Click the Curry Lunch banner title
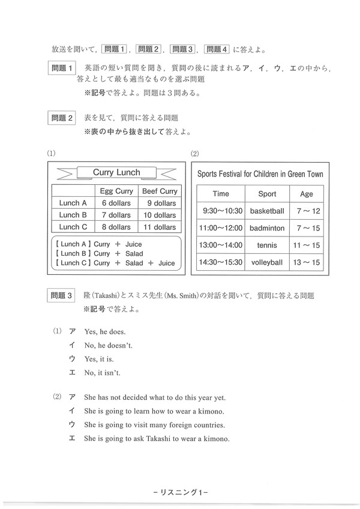click(x=116, y=172)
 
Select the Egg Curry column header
click(x=116, y=191)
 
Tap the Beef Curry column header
click(x=158, y=191)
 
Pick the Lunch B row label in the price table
click(x=73, y=215)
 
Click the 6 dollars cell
click(x=116, y=203)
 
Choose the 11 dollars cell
click(x=158, y=227)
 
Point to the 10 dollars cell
click(x=158, y=215)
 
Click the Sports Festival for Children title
click(x=260, y=173)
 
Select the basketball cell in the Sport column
click(x=267, y=211)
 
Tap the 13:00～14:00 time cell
click(x=221, y=245)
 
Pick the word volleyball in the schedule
click(x=267, y=262)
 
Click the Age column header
click(x=306, y=194)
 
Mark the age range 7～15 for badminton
click(x=306, y=228)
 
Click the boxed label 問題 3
click(x=62, y=296)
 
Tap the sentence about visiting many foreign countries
click(x=154, y=425)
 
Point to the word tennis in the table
click(x=267, y=245)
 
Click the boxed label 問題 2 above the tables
click(x=62, y=118)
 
